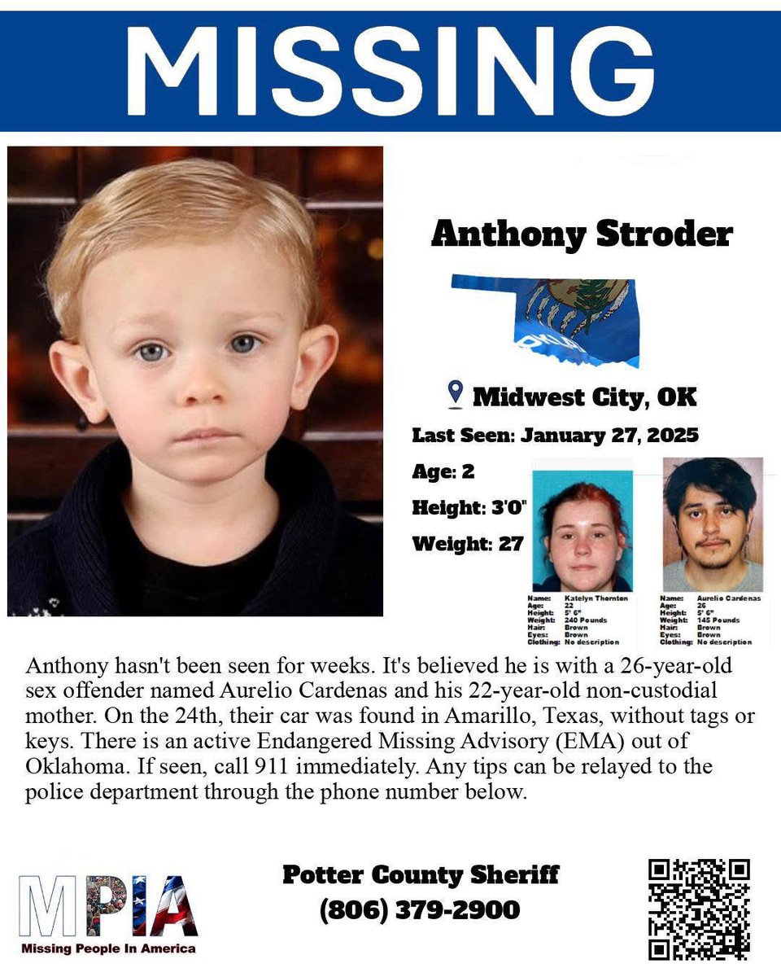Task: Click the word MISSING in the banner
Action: pyautogui.click(x=390, y=71)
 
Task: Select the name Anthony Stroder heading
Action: pyautogui.click(x=582, y=234)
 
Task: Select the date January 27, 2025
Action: pyautogui.click(x=609, y=435)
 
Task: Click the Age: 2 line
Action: pyautogui.click(x=443, y=471)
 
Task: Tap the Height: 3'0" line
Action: pyautogui.click(x=469, y=507)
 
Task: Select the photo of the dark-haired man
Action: pyautogui.click(x=713, y=525)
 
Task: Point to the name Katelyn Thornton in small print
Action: pyautogui.click(x=596, y=598)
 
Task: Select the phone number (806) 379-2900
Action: pyautogui.click(x=420, y=909)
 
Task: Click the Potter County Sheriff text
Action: pyautogui.click(x=421, y=875)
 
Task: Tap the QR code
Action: pyautogui.click(x=698, y=909)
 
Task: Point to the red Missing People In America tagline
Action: pyautogui.click(x=108, y=949)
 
